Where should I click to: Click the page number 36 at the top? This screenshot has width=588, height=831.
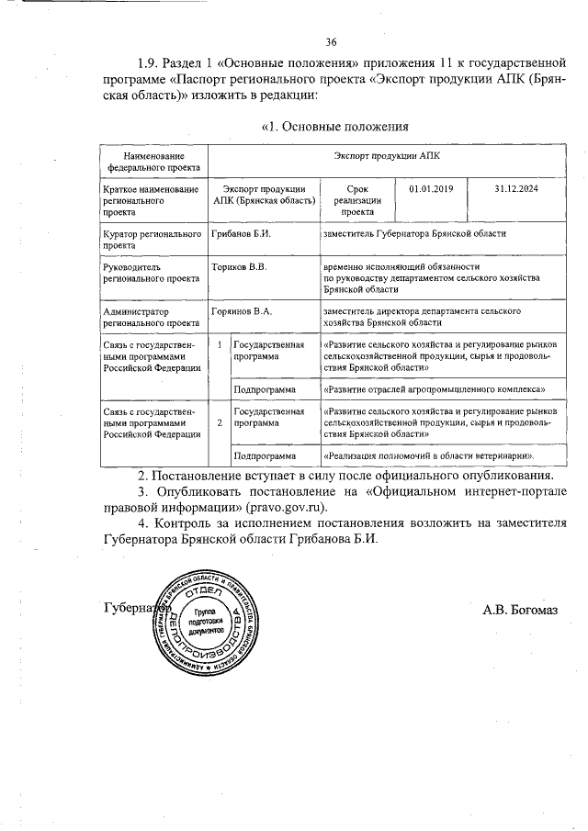pyautogui.click(x=332, y=41)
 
